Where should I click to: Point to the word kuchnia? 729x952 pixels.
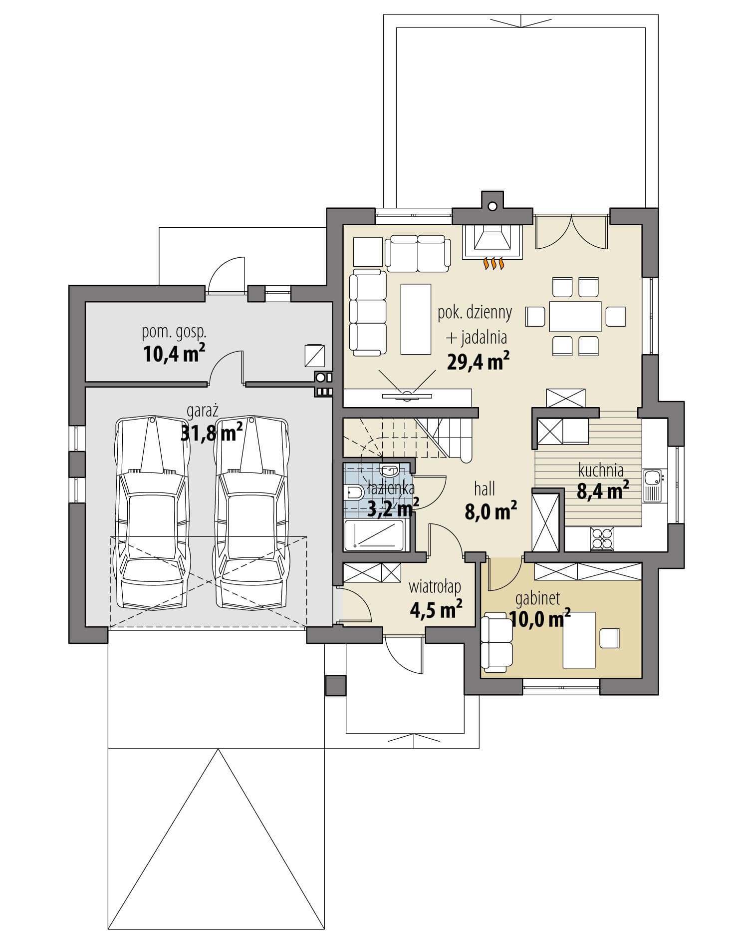[601, 470]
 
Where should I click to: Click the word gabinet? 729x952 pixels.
[538, 598]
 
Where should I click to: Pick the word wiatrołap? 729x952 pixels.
[435, 586]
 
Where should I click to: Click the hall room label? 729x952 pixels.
[485, 489]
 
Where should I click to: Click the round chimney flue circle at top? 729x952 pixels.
[492, 205]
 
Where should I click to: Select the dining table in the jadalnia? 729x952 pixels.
[575, 316]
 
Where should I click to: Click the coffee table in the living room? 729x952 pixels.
[416, 319]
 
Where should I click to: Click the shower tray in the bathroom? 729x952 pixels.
[374, 535]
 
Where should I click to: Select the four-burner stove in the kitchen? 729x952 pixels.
[602, 538]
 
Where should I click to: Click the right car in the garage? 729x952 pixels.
[251, 512]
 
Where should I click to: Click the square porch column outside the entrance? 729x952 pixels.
[335, 685]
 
